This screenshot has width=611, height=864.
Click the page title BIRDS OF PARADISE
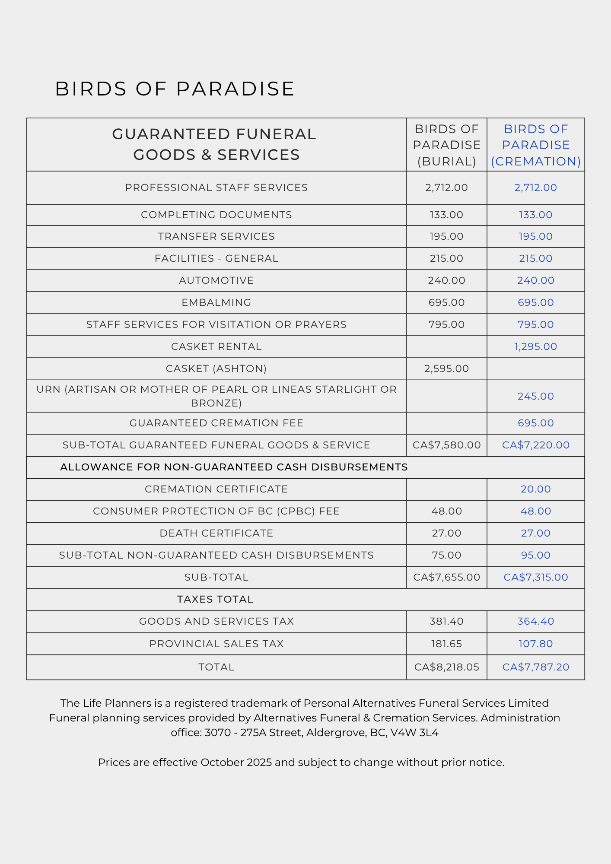pos(175,89)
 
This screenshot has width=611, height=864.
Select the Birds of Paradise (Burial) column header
pos(446,145)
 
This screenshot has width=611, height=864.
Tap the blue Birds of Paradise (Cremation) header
pos(535,145)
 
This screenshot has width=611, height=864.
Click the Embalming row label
pos(216,302)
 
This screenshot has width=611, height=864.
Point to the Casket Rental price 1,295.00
pos(535,346)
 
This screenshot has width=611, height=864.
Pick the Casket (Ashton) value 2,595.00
pos(446,368)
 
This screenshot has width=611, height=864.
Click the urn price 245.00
pos(535,396)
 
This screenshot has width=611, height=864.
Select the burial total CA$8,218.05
pos(446,667)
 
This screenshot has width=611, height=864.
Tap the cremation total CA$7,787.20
pos(535,667)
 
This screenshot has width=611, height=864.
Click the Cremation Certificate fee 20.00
pos(535,489)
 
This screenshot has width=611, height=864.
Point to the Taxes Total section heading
pos(215,599)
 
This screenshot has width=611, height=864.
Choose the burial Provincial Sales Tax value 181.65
pos(446,644)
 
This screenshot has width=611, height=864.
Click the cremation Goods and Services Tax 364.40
pos(535,621)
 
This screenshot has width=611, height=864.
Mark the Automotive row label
pos(216,280)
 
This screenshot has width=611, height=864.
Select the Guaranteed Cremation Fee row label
pos(216,423)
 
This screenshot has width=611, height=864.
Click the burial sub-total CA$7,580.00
pos(446,445)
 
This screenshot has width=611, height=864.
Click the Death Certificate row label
pos(216,533)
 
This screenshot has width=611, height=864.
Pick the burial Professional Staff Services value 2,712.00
pos(446,187)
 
